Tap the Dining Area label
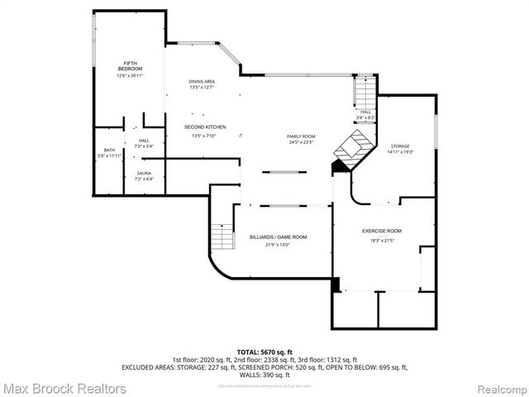(x=203, y=81)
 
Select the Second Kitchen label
(x=204, y=127)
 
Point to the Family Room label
(x=301, y=136)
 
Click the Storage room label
(x=400, y=146)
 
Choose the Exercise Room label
(x=382, y=231)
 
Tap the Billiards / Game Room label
(x=278, y=237)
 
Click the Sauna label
(x=144, y=173)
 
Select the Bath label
(x=109, y=151)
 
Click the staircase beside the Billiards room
(x=222, y=237)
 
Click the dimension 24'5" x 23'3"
(x=301, y=143)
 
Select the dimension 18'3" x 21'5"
(x=382, y=241)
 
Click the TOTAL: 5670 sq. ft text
(x=264, y=352)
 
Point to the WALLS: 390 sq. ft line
(x=264, y=375)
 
